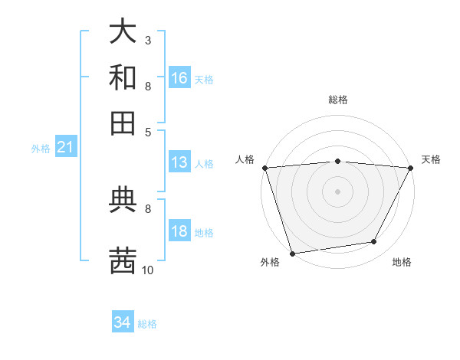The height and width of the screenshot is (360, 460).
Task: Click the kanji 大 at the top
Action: pos(123,32)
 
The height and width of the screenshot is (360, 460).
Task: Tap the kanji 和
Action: pos(123,77)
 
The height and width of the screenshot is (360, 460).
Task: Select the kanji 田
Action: pos(123,123)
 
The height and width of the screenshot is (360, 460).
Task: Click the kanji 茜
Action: pos(123,260)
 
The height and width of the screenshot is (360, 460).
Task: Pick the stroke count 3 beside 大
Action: pos(147,40)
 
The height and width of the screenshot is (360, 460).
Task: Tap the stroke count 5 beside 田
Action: pos(147,131)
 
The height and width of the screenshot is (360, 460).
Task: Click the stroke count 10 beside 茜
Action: pos(148,270)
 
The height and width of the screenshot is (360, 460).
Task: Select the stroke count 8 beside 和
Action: pos(147,86)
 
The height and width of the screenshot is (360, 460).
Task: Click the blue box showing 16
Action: pos(179,78)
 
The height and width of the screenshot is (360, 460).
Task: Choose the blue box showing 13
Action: pos(179,162)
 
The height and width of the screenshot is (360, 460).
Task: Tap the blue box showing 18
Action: pos(179,231)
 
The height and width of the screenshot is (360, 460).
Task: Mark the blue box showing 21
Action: pos(65,148)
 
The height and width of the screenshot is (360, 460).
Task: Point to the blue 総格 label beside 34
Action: pos(148,324)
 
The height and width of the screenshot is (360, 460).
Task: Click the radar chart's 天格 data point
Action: pos(411,168)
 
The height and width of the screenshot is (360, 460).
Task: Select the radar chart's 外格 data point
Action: pos(292,253)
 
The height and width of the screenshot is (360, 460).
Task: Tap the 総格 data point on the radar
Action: pos(337,161)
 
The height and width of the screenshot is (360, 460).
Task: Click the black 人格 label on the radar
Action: pos(245,159)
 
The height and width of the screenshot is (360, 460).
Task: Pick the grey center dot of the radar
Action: pos(337,191)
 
